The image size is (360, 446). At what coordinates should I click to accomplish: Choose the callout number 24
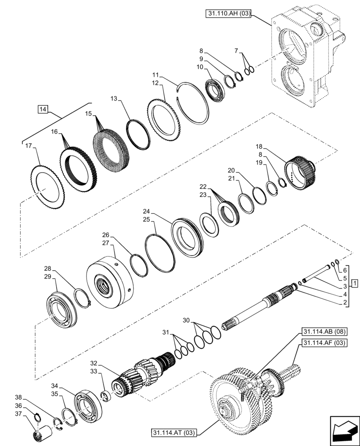pyautogui.click(x=147, y=211)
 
